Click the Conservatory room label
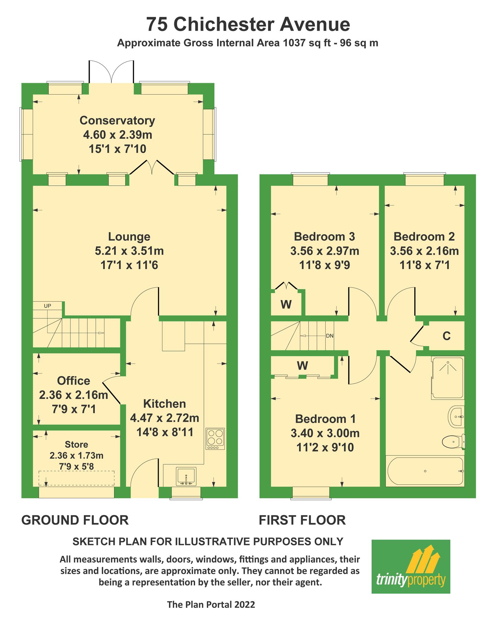tap(117, 120)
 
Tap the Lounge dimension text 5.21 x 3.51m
tap(129, 251)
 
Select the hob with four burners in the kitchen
tap(215, 438)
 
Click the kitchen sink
tap(186, 476)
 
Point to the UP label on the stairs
tap(47, 306)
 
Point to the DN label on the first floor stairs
tap(329, 336)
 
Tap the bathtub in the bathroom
tap(425, 471)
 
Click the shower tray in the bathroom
tap(448, 378)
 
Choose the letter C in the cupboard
tap(446, 336)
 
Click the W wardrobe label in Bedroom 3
tap(286, 304)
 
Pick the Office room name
tap(74, 381)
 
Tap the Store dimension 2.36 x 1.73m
tap(76, 455)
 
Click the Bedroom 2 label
tap(424, 237)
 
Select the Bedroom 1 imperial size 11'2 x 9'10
tap(325, 447)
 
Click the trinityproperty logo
tap(410, 566)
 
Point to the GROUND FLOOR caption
tap(75, 520)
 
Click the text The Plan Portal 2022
tap(211, 605)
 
